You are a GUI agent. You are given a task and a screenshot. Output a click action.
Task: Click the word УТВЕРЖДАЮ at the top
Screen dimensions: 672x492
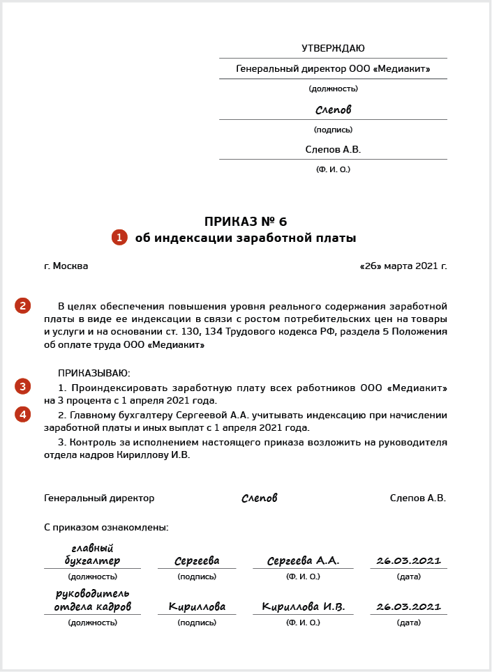pos(333,49)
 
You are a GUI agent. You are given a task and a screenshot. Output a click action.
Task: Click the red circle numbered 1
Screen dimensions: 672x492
pos(119,238)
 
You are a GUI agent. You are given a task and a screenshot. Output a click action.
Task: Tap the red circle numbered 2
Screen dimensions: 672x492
pos(23,305)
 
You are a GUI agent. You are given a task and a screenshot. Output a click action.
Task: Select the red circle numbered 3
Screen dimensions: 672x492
pos(23,386)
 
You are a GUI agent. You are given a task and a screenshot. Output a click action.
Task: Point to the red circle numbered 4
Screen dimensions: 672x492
pos(23,415)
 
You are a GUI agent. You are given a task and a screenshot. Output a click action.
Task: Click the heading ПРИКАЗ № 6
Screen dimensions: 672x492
pos(246,222)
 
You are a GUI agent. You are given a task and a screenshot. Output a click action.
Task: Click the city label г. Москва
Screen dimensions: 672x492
pos(66,266)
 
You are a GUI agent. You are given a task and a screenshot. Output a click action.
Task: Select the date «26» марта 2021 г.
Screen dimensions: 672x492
pos(403,266)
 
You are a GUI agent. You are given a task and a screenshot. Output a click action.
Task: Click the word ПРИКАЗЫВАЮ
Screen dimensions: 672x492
pos(94,374)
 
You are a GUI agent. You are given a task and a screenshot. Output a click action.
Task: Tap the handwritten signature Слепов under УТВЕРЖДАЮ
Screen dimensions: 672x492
pos(333,110)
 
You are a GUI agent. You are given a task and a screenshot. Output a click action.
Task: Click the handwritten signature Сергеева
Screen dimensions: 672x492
pos(197,560)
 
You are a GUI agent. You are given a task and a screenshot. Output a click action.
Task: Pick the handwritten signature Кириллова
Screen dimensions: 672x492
pos(197,607)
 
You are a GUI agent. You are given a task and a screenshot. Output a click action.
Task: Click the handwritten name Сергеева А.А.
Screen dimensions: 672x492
pos(303,560)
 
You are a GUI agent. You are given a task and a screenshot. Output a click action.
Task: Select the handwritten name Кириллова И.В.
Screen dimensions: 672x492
pos(303,607)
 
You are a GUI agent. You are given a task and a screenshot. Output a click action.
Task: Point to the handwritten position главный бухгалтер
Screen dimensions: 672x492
pos(92,555)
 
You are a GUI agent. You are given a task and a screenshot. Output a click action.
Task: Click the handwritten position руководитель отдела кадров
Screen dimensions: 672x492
pos(92,600)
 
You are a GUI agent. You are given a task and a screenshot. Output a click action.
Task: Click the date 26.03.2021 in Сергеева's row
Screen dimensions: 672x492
pos(408,560)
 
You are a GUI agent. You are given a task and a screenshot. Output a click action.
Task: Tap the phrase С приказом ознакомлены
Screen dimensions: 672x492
pos(106,528)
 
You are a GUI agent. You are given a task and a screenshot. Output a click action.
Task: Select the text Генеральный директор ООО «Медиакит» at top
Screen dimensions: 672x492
pos(333,69)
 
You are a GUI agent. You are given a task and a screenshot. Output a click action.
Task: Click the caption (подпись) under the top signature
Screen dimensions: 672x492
pos(333,130)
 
